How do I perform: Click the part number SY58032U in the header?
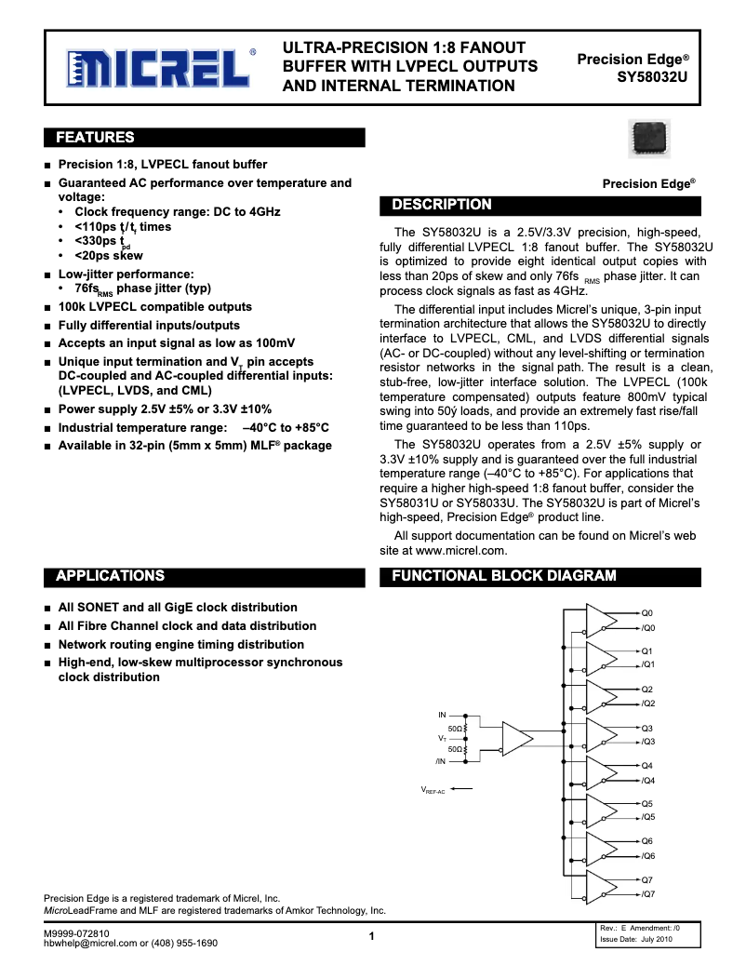tap(653, 77)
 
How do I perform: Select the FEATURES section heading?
tap(96, 138)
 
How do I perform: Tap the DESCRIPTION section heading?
tap(441, 205)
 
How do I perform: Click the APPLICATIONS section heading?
tap(111, 576)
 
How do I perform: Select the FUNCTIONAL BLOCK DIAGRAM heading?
tap(503, 576)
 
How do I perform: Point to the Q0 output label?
tap(647, 613)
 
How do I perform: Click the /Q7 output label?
tap(648, 894)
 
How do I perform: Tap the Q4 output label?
tap(647, 766)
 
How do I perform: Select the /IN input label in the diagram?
tap(440, 761)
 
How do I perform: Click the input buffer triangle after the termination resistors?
tap(516, 739)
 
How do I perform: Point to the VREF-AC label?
tap(433, 790)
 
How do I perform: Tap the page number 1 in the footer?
tap(371, 936)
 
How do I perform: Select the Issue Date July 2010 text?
tap(633, 940)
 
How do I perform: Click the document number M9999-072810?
tap(76, 932)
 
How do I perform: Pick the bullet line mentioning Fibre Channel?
tap(187, 626)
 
